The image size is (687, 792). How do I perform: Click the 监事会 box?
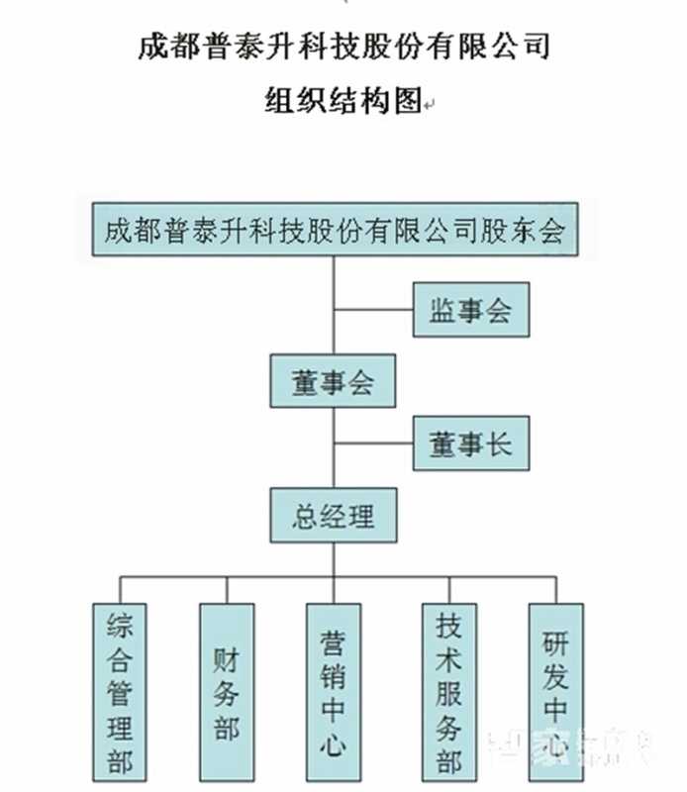point(472,311)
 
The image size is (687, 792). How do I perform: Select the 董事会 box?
point(333,381)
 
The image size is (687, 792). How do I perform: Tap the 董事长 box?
point(472,444)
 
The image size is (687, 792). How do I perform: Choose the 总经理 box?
point(333,515)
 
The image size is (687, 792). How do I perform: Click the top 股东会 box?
point(334,232)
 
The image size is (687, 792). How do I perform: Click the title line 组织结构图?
point(343,101)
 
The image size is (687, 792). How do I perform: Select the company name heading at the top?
point(343,48)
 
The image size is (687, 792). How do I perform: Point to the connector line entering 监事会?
point(373,311)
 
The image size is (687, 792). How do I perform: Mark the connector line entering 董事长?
point(373,444)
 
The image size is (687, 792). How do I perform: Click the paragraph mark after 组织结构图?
point(430,104)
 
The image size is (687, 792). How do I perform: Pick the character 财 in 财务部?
point(227,657)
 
